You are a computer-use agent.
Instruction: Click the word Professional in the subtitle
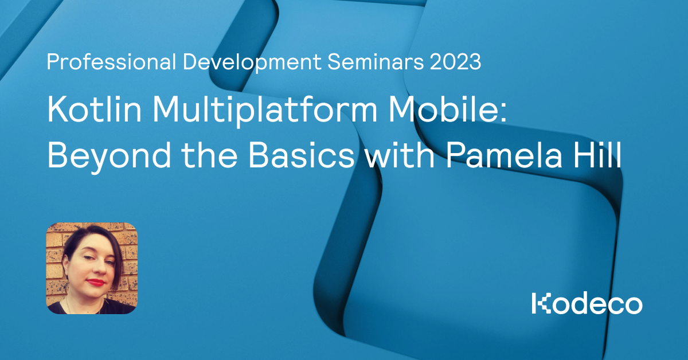click(111, 62)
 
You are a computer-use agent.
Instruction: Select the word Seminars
click(376, 62)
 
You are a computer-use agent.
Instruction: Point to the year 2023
click(455, 62)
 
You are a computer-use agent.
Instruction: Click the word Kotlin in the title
click(94, 109)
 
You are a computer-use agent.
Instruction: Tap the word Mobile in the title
click(443, 109)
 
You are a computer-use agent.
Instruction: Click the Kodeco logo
click(587, 303)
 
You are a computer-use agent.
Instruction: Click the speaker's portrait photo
click(92, 268)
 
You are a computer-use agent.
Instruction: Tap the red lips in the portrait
click(96, 282)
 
